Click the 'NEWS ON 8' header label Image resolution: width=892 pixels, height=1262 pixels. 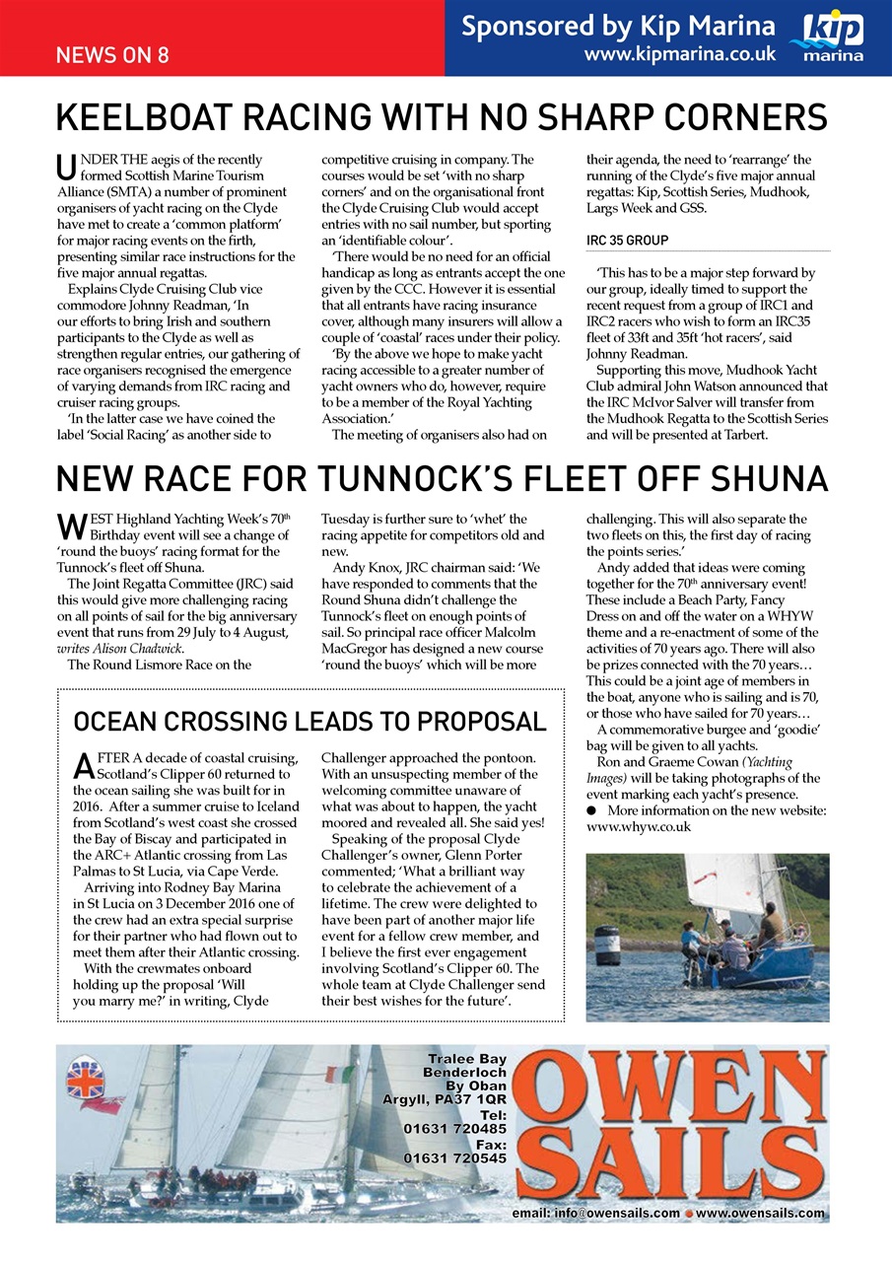point(111,54)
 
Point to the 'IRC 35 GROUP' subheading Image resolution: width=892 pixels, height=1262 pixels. point(627,240)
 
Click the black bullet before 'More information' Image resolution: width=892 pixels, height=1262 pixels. point(591,810)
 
